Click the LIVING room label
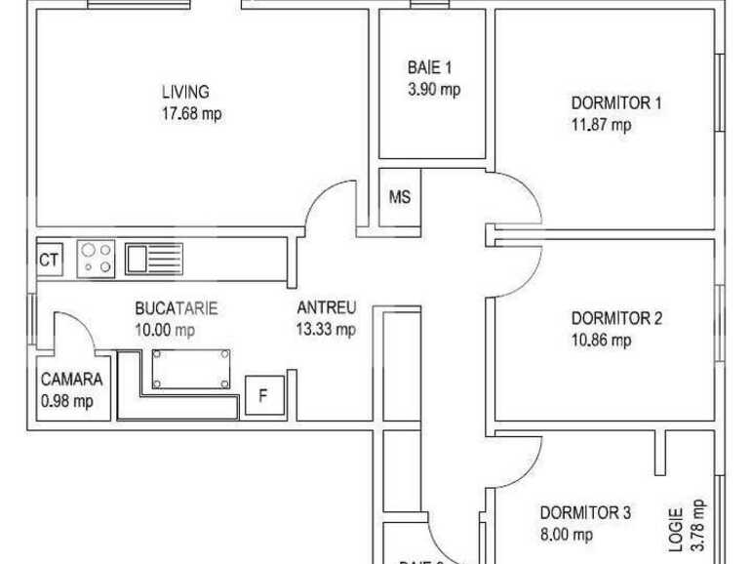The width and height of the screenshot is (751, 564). [x=185, y=93]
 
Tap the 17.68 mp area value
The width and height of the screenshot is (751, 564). [x=191, y=113]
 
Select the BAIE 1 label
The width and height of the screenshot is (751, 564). [x=429, y=68]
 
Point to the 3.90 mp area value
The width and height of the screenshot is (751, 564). [x=434, y=89]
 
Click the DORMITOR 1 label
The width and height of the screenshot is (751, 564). [x=616, y=102]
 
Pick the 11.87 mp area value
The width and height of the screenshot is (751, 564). [x=601, y=124]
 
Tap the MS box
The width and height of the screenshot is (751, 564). [x=400, y=196]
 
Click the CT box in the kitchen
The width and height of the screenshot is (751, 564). [x=49, y=260]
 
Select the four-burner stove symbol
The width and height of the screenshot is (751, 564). [x=96, y=258]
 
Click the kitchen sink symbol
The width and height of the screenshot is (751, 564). [x=154, y=259]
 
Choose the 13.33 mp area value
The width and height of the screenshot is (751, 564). [x=326, y=330]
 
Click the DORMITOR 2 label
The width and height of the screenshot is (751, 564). [x=616, y=318]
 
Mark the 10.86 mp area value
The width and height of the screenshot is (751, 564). [x=601, y=340]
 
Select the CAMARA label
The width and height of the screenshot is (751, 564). [x=72, y=381]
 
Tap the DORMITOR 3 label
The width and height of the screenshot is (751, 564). [x=586, y=513]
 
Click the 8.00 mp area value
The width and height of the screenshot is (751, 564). [x=567, y=535]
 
